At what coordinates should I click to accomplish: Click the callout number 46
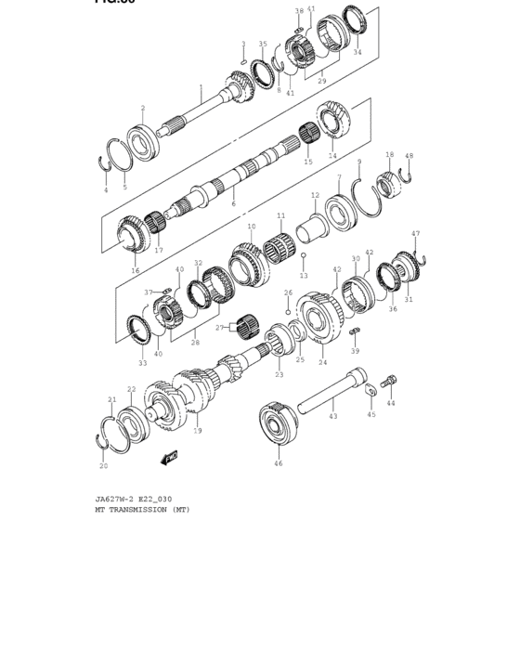[x=278, y=462]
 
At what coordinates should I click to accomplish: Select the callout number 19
[x=197, y=431]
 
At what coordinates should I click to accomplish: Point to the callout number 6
[x=233, y=203]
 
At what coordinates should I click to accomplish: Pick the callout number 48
[x=409, y=156]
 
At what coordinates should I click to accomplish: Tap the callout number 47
[x=415, y=234]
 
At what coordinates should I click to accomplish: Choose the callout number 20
[x=104, y=466]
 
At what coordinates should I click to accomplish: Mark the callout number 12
[x=315, y=196]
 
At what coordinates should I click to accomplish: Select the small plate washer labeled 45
[x=370, y=392]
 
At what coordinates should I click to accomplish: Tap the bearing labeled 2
[x=144, y=143]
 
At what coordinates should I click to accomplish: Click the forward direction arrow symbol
[x=169, y=458]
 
